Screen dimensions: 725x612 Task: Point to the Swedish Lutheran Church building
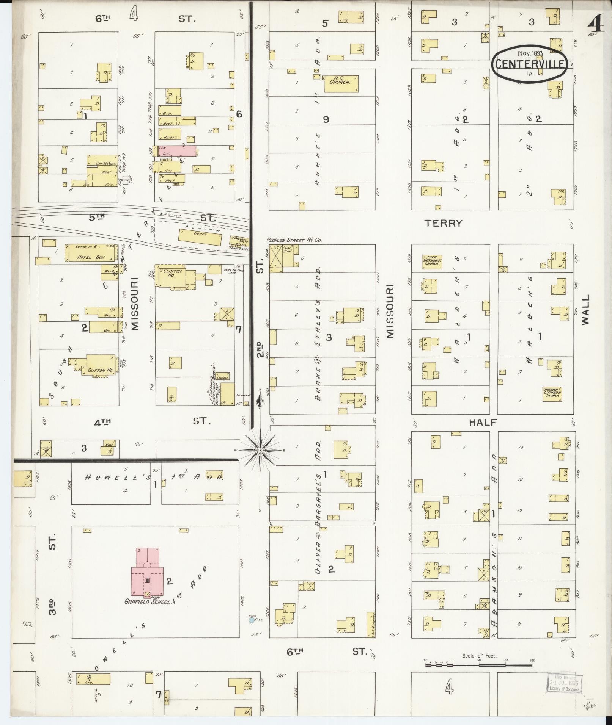pos(552,394)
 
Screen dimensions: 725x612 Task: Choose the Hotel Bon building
pos(90,252)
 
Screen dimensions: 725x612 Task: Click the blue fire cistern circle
pos(251,620)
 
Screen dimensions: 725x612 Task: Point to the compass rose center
pos(260,450)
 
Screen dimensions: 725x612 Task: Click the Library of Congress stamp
pos(564,684)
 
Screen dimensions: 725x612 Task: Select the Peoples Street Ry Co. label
pos(294,240)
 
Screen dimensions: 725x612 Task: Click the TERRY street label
pos(444,223)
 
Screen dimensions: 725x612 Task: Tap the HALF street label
pos(483,423)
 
